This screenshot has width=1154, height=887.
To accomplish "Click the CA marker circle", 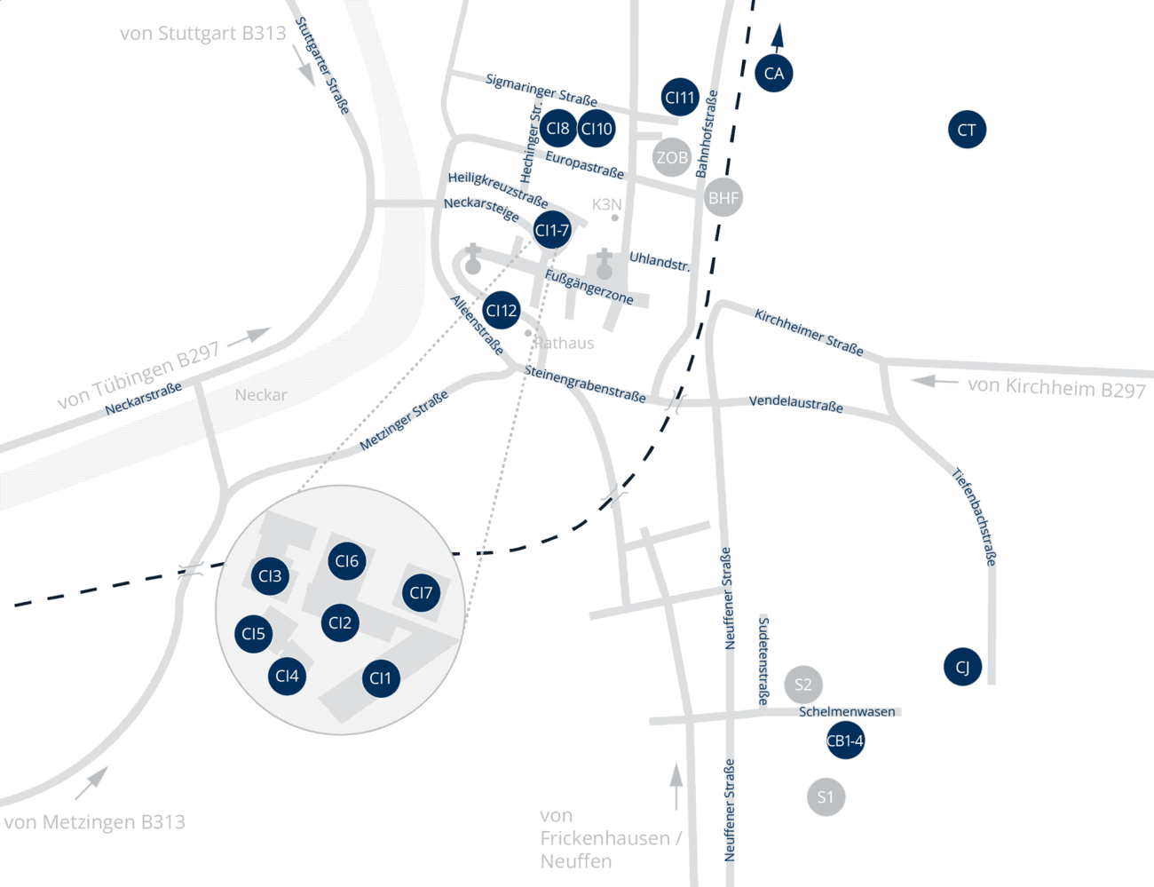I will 773,73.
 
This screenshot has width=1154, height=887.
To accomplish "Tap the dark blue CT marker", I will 967,130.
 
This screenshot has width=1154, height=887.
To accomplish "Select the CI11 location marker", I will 680,97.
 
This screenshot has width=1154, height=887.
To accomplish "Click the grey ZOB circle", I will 671,157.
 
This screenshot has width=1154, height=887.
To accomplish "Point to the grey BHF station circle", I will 723,197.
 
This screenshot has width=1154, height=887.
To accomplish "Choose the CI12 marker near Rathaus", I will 501,311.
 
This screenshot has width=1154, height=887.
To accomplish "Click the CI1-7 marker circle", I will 551,230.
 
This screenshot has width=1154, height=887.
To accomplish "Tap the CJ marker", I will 962,667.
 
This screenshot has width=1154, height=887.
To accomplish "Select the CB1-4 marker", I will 844,740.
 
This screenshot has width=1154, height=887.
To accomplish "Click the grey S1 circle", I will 826,796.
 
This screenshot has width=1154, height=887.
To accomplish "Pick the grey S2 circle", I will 802,685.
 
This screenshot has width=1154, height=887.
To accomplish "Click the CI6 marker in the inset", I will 346,561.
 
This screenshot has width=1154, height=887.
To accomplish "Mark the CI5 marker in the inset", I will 253,634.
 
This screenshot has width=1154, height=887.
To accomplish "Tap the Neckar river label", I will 261,395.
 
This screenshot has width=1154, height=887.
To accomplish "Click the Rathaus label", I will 565,343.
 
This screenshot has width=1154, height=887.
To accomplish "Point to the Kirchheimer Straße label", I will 809,332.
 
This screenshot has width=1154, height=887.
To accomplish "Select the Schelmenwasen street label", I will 847,711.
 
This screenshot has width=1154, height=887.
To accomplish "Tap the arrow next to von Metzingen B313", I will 91,782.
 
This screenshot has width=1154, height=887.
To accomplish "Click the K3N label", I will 606,204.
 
